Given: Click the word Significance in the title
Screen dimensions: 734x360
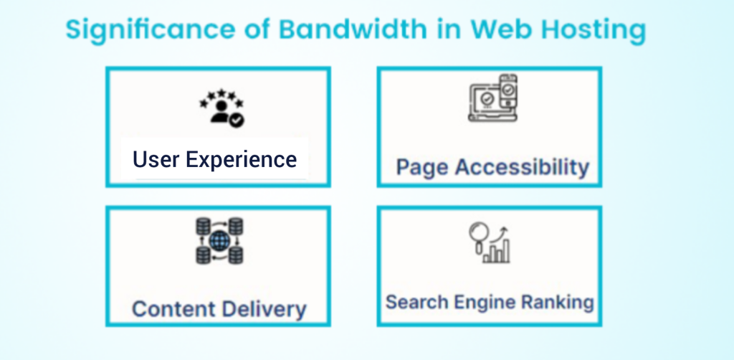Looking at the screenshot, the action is pyautogui.click(x=151, y=30).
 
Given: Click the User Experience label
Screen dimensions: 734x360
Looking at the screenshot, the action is pyautogui.click(x=214, y=159).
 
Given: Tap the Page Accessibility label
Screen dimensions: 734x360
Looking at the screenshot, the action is pyautogui.click(x=492, y=168).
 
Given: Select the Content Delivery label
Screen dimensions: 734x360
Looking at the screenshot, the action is pyautogui.click(x=219, y=309).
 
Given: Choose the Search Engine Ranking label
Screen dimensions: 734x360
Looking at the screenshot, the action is pyautogui.click(x=490, y=303).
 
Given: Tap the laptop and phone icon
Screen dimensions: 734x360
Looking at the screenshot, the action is pyautogui.click(x=492, y=98).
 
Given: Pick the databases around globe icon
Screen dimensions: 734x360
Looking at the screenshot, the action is pyautogui.click(x=219, y=241).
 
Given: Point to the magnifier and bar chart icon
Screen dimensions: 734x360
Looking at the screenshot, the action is pyautogui.click(x=490, y=242).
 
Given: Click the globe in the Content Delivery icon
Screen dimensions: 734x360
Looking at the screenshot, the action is pyautogui.click(x=219, y=241).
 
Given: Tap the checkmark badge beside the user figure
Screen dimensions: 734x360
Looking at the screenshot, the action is pyautogui.click(x=237, y=120).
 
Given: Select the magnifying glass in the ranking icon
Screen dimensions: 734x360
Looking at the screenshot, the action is pyautogui.click(x=479, y=236).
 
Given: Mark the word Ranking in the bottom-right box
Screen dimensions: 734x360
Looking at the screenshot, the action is pyautogui.click(x=558, y=303).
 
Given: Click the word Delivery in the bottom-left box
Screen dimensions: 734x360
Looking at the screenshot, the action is pyautogui.click(x=264, y=309).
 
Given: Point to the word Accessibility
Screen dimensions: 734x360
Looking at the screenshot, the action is pyautogui.click(x=523, y=168).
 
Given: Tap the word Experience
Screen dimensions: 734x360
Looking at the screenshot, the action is pyautogui.click(x=242, y=160).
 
